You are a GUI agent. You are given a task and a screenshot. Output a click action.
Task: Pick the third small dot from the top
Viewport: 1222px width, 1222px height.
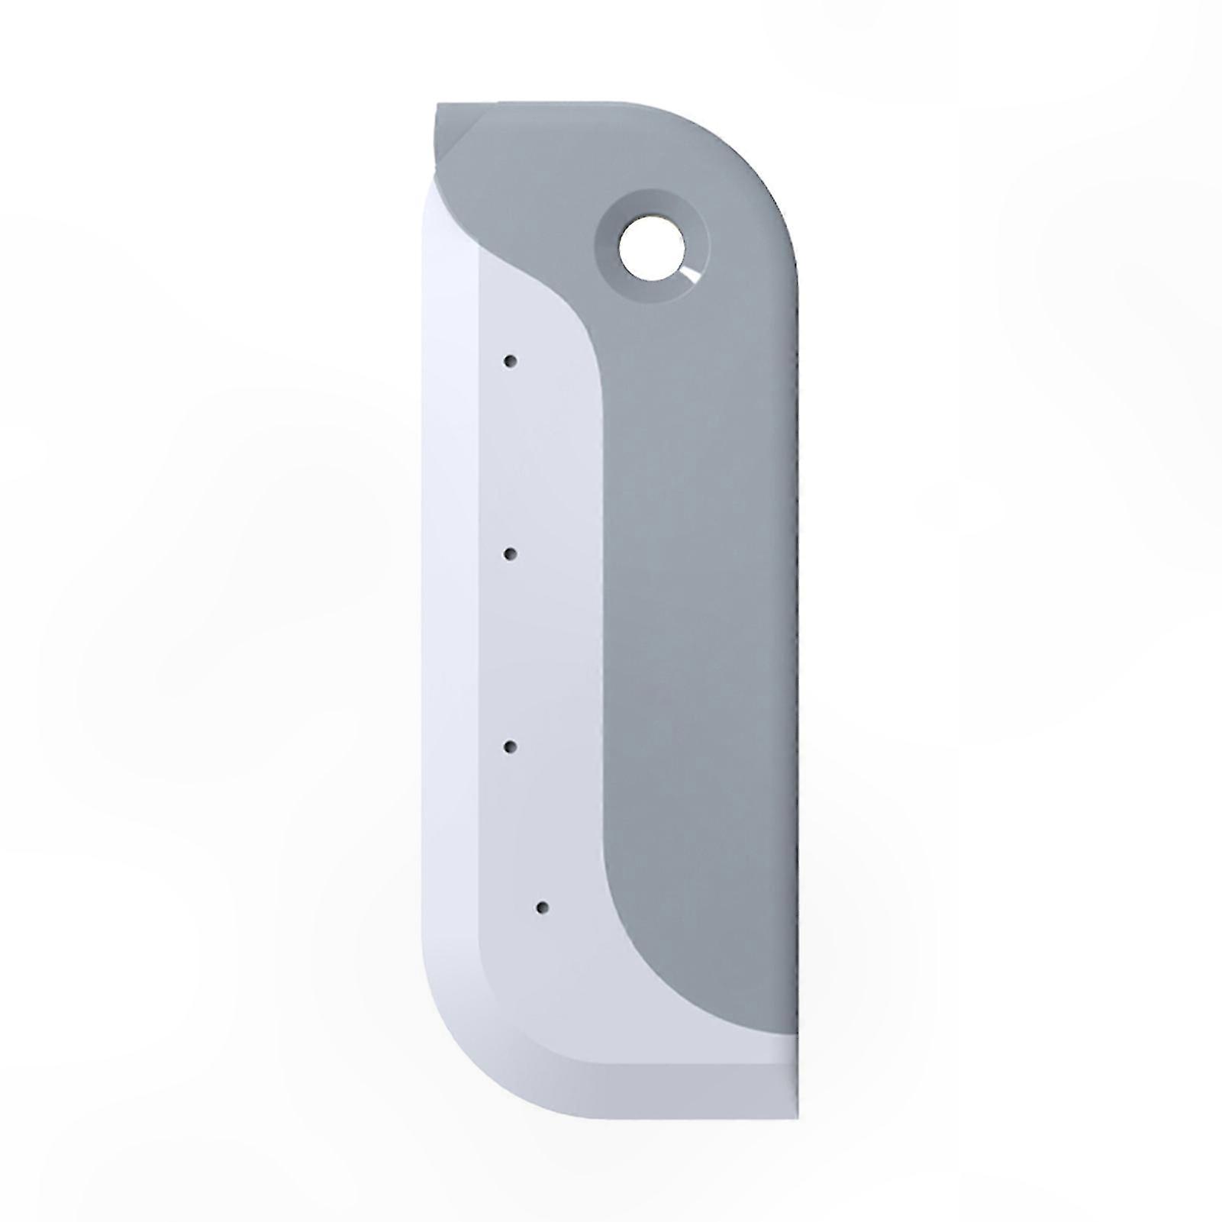(510, 746)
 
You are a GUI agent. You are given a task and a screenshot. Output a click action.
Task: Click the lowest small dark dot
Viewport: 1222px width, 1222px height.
(542, 908)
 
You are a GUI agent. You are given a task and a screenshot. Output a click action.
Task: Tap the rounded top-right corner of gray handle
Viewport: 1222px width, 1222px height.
(763, 153)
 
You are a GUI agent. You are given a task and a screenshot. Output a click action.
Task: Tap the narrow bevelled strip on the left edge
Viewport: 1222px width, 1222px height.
(450, 611)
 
